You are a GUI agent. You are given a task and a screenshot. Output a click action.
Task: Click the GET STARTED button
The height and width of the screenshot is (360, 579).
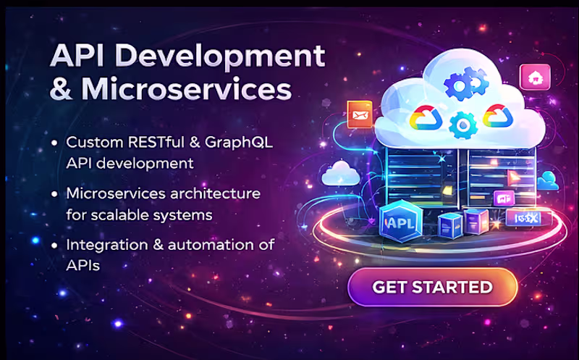coord(432,287)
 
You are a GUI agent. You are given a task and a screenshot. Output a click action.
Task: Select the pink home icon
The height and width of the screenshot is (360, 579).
coord(535,76)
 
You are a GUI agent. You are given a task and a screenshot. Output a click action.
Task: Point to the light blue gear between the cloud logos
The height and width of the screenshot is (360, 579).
coord(459,125)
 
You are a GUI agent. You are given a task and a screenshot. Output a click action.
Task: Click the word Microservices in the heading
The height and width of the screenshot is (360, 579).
coord(187,89)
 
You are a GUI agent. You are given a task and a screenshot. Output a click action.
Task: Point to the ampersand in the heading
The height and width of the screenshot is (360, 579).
coord(61,90)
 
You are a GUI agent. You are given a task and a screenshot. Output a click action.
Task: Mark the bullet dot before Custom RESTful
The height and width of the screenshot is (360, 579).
coord(56,143)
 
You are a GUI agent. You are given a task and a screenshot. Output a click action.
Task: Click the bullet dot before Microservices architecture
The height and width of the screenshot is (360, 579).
coord(56,194)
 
